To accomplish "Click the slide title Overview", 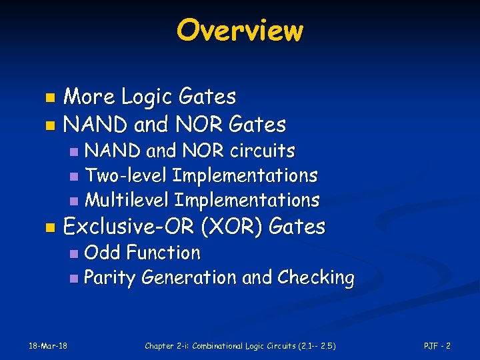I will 239,30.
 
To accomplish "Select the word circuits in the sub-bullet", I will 263,151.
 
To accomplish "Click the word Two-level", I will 127,176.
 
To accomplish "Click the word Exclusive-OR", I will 131,227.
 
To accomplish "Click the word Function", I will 163,253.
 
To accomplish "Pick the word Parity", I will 110,278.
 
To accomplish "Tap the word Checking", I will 315,278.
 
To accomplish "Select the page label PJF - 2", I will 437,345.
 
